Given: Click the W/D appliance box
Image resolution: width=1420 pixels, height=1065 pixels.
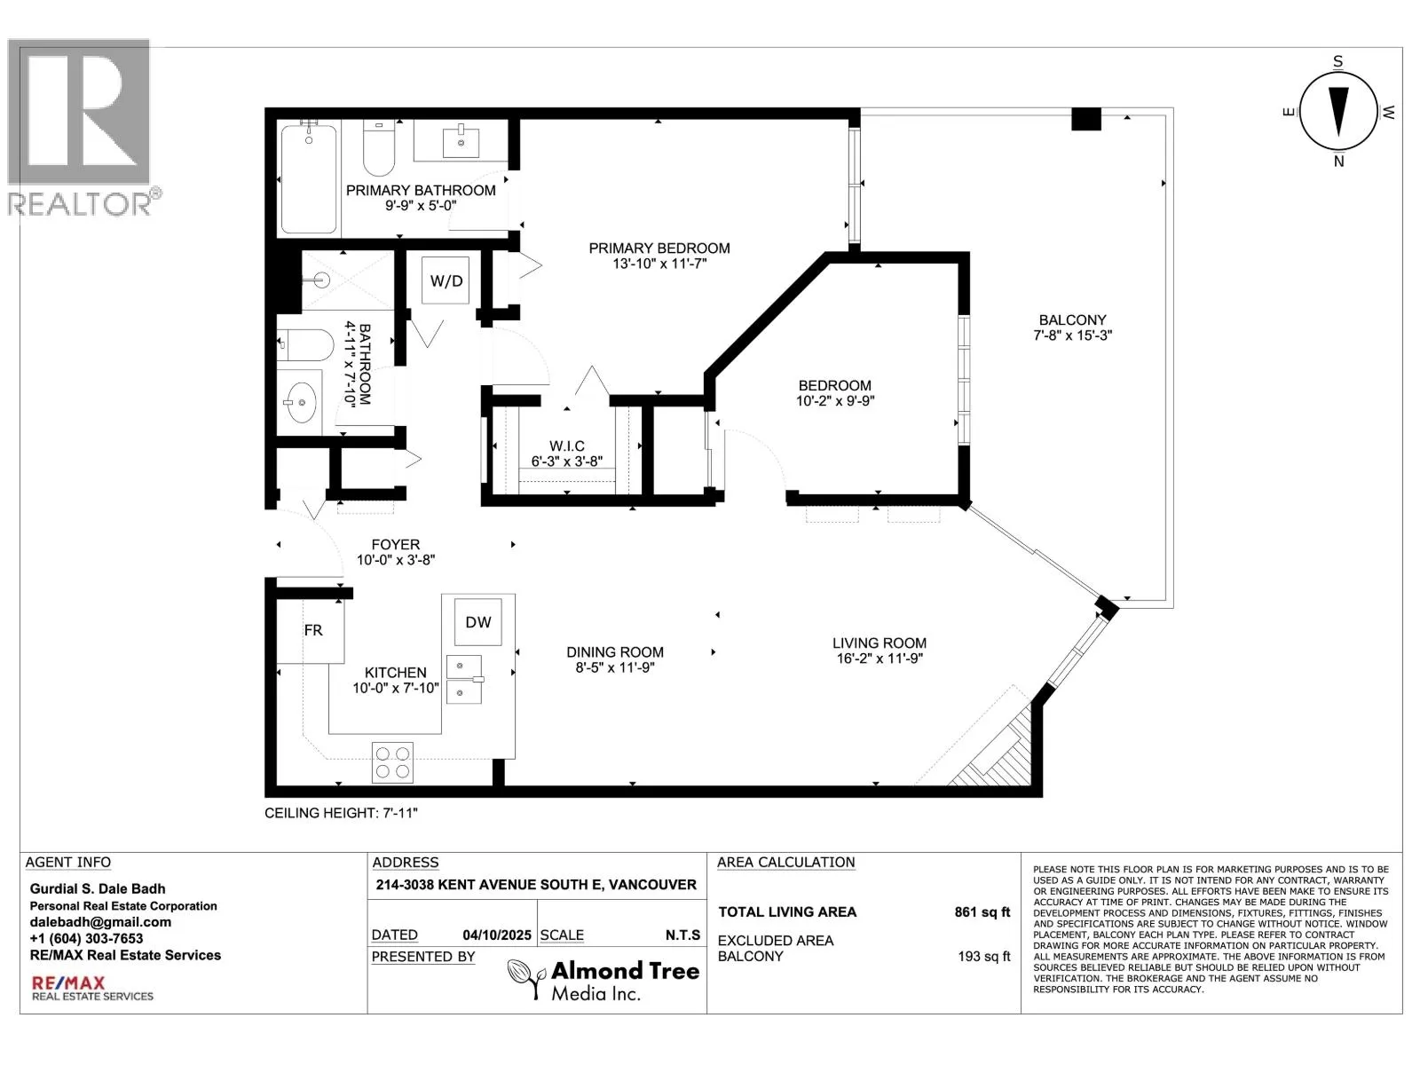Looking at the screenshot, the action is [446, 280].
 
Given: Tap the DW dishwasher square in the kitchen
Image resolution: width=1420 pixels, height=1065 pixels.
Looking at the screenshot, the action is [477, 622].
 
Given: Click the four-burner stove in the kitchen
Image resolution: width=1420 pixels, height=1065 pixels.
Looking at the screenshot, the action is [392, 762].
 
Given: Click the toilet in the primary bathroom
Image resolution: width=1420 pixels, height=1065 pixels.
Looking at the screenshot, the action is [379, 148].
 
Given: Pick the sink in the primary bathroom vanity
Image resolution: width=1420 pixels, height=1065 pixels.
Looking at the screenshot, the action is [461, 142].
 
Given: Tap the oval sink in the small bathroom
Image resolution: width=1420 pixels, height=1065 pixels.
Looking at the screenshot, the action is [302, 402].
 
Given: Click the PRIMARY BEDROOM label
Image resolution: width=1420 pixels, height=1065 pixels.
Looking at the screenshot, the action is [659, 248].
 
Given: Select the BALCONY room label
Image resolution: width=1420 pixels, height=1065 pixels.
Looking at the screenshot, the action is [1073, 320].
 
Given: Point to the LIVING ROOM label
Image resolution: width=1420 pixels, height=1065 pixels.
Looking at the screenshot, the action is [880, 643].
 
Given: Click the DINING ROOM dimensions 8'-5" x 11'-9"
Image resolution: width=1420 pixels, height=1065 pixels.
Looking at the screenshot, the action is [615, 667].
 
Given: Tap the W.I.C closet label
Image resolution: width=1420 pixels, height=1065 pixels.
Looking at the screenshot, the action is [567, 446].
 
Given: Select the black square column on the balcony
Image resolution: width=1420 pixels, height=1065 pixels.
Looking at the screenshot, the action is [1086, 119].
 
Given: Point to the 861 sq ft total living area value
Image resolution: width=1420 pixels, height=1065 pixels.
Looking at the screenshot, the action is [982, 911].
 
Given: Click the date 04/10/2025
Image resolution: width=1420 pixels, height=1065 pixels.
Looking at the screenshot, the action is [497, 935].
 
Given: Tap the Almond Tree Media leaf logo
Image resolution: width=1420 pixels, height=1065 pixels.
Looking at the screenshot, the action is [526, 979].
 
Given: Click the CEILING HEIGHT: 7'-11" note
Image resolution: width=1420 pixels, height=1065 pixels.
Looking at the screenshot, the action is [341, 813].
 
